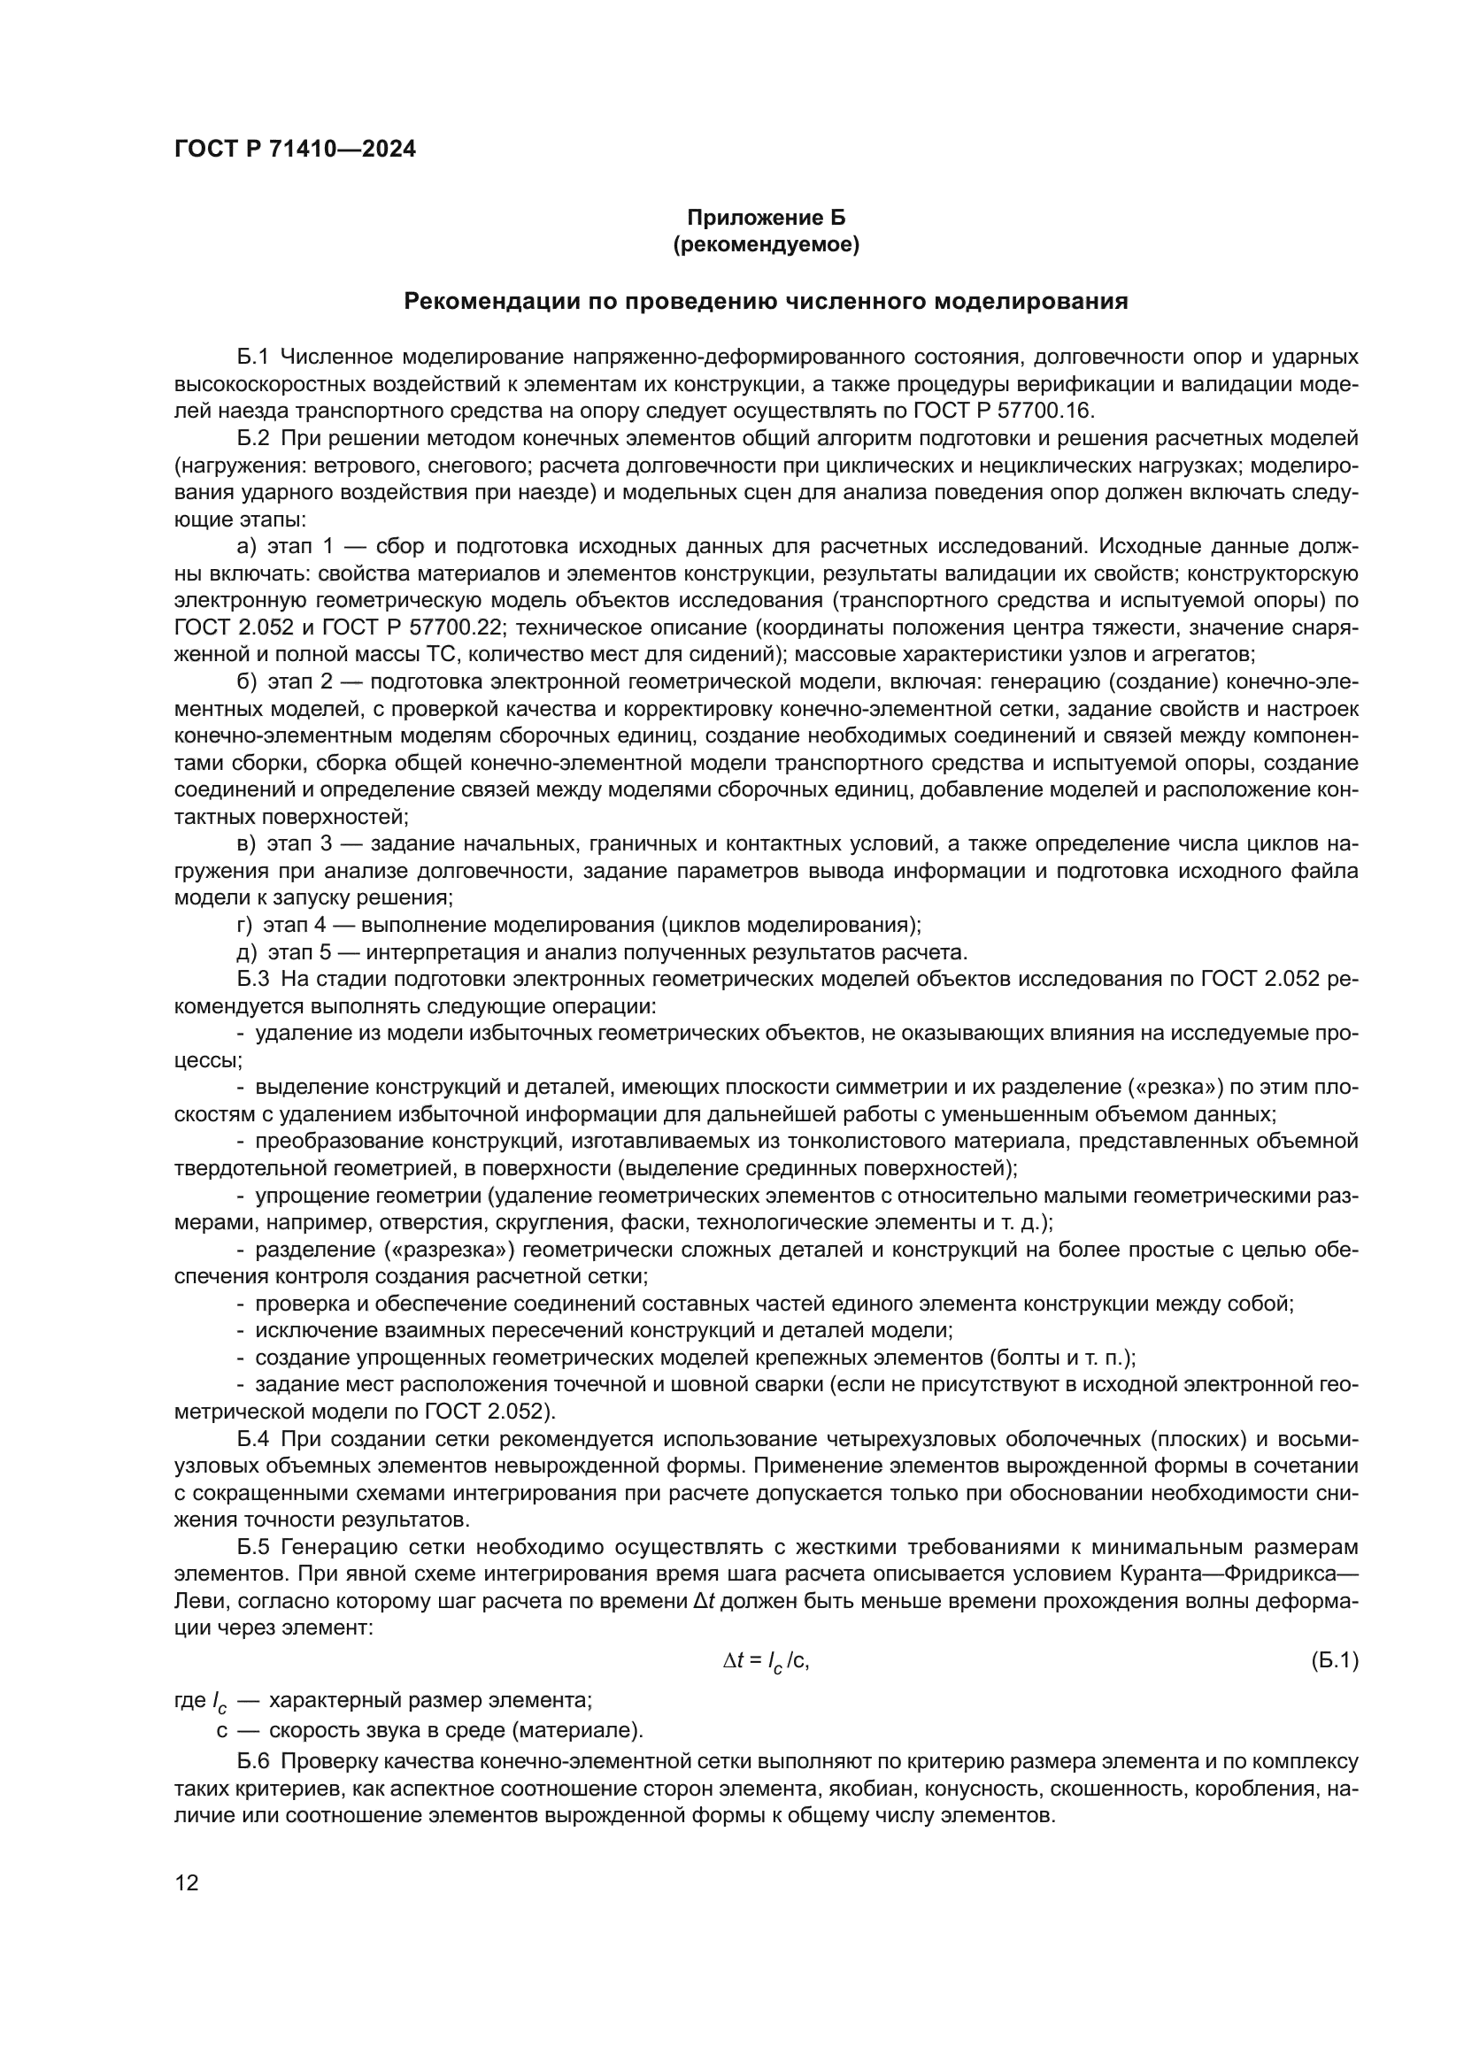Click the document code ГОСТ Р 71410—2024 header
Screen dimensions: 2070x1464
[295, 150]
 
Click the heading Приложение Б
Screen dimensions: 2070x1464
[767, 218]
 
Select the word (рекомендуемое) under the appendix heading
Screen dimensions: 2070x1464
[767, 244]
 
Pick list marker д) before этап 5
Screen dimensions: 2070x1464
[247, 952]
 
